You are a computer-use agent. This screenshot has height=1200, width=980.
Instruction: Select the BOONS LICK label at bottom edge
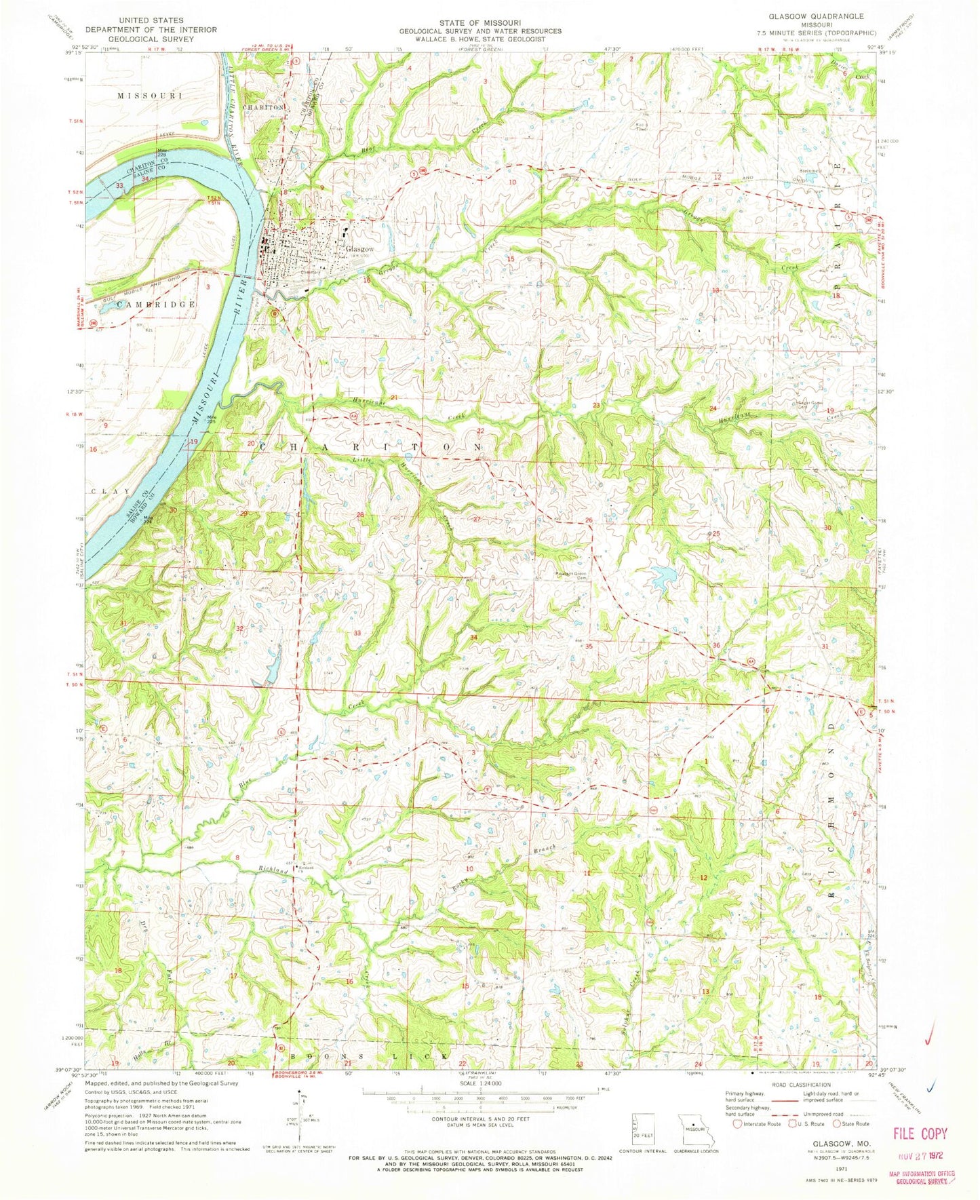tap(370, 1058)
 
